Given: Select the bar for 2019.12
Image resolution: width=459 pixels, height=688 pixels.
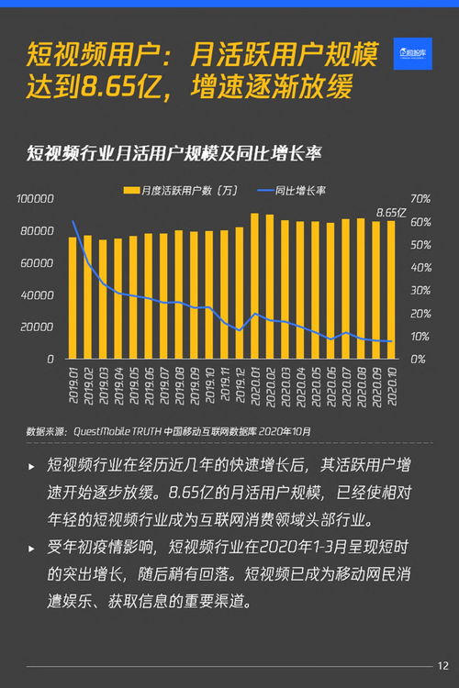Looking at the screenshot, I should (253, 286).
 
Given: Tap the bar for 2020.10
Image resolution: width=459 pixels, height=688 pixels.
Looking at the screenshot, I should (390, 290).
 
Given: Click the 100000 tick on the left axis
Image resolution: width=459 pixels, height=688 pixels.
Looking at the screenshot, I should (36, 199).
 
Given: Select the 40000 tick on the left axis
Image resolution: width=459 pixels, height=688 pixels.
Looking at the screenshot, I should (39, 295).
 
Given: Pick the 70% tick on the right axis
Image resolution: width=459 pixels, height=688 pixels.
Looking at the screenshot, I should (420, 199).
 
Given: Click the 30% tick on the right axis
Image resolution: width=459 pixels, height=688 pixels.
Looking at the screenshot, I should (420, 291).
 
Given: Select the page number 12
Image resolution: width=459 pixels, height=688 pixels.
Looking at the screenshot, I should (443, 665).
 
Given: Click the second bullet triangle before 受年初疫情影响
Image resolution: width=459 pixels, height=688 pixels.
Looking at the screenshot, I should (32, 549).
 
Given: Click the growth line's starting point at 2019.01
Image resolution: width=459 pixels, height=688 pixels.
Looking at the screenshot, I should (73, 221).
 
